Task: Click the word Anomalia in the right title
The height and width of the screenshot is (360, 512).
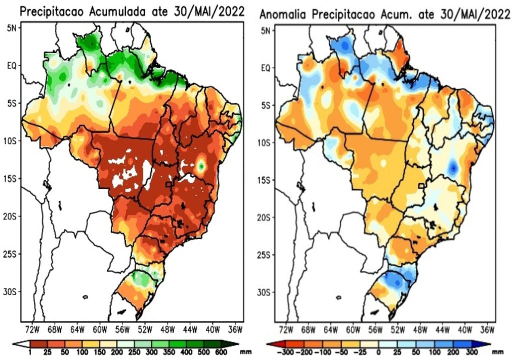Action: click(282, 15)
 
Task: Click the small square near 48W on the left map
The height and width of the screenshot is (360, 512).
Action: click(169, 184)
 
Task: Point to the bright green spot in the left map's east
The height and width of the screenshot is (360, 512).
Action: click(201, 165)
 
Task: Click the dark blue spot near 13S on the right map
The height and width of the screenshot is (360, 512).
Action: click(453, 167)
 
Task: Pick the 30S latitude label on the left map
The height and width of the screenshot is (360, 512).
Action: click(12, 291)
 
